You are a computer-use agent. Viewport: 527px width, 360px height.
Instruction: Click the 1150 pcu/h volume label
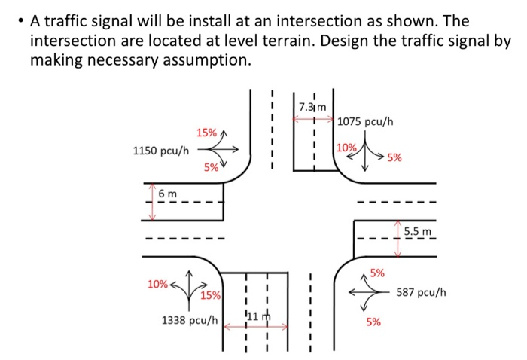click(160, 151)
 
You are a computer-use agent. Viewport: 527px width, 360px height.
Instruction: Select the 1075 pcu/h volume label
click(366, 121)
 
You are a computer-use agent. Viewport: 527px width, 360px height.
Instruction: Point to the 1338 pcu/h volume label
click(190, 320)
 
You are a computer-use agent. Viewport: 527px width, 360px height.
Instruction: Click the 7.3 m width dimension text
click(312, 106)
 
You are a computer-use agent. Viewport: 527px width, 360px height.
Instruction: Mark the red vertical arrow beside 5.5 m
click(398, 239)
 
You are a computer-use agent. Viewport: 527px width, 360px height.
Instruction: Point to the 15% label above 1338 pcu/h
click(210, 295)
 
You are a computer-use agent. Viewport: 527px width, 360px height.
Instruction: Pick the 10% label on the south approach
click(157, 285)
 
